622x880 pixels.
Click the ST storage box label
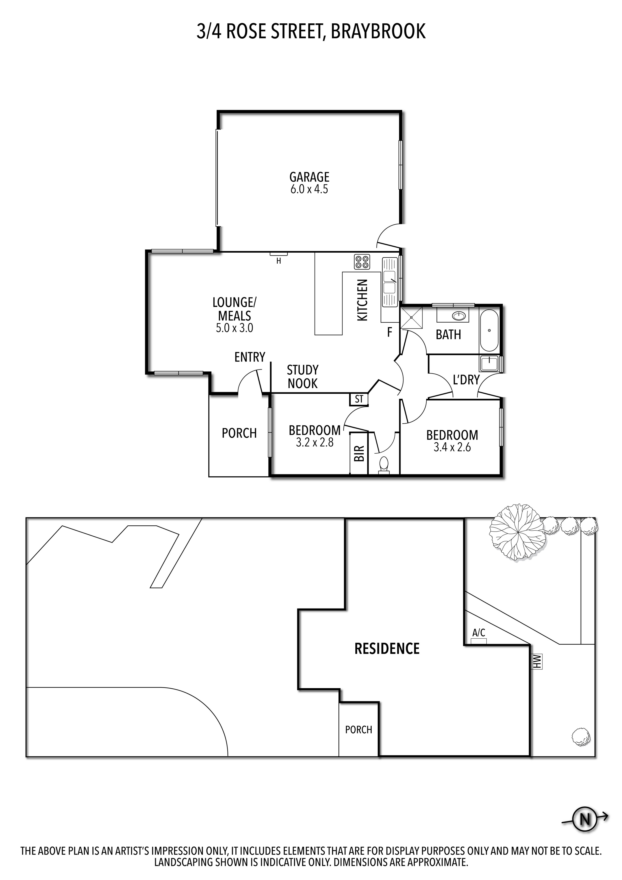pos(359,399)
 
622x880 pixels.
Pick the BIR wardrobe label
pos(359,453)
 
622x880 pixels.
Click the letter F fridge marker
pos(390,332)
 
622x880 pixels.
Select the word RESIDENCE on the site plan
pos(387,648)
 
